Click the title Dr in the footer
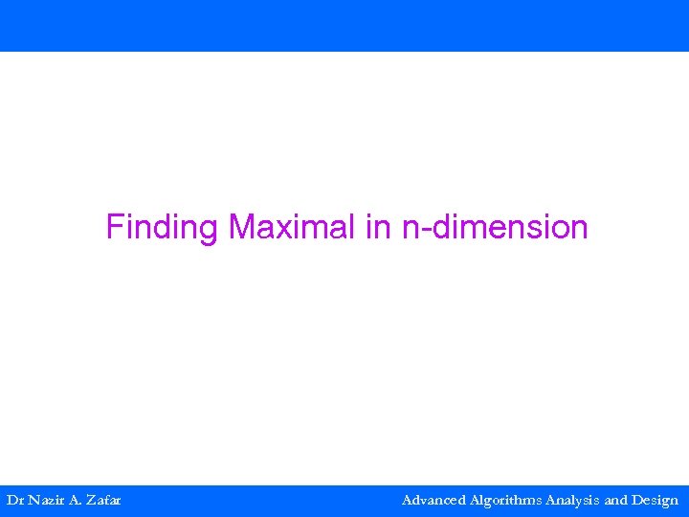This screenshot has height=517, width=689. [x=15, y=500]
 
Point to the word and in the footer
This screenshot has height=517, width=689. [x=616, y=500]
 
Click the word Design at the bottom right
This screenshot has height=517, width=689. [x=656, y=500]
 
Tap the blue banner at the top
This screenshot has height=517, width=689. [x=344, y=26]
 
